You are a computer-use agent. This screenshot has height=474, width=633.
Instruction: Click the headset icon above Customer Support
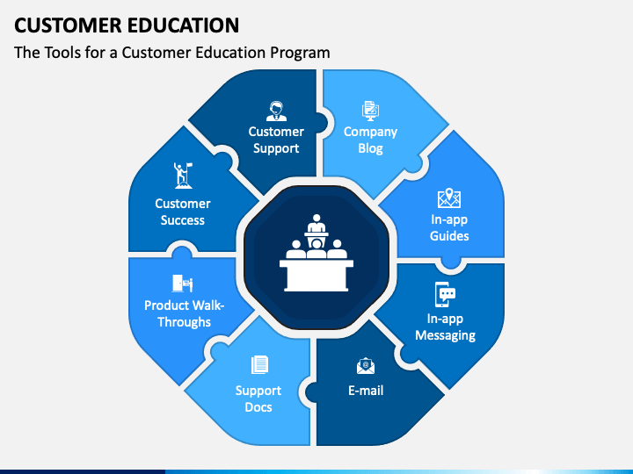276,111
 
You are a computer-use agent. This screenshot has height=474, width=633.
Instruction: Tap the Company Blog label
370,140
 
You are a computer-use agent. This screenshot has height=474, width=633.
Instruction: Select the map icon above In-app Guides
449,198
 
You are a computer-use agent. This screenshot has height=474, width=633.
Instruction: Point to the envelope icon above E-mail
366,366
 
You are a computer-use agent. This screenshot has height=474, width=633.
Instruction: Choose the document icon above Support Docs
258,364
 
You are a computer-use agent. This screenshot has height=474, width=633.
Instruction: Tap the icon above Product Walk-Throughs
183,284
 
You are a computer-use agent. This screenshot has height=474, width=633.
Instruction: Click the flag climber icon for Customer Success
183,176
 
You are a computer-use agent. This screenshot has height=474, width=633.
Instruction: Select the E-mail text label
366,390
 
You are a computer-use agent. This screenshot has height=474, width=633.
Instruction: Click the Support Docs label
258,399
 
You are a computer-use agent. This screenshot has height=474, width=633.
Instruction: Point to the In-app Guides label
449,228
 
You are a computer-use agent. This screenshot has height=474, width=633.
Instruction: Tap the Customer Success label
183,212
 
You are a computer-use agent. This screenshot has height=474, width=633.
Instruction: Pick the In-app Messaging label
446,327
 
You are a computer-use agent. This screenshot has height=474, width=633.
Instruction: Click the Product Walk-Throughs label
185,313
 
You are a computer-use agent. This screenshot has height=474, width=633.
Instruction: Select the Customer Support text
276,140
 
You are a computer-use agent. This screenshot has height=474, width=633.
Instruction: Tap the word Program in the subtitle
302,53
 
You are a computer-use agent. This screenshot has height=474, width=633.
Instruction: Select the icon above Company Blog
370,111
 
